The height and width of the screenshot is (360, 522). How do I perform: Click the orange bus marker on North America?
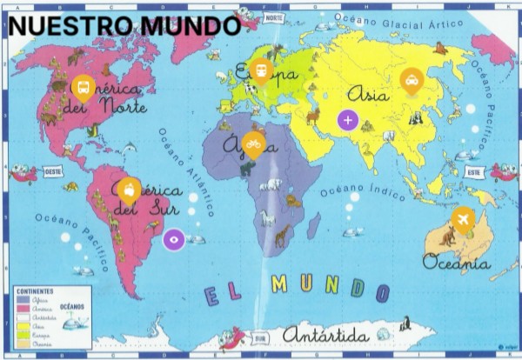(x=83, y=86)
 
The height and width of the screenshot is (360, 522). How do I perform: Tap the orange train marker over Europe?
(x=259, y=69)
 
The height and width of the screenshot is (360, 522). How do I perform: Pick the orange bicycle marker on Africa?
(x=253, y=142)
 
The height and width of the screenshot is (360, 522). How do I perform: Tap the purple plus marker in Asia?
(x=348, y=119)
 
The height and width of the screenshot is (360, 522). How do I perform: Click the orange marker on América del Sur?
(x=128, y=188)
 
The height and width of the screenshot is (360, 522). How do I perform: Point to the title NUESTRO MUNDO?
(x=124, y=26)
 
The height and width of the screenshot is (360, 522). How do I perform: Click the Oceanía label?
(x=457, y=260)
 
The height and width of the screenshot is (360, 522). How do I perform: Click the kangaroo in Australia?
(x=449, y=236)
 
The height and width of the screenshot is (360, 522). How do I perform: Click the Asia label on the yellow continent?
(x=367, y=94)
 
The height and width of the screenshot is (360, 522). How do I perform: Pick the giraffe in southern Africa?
(x=283, y=235)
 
